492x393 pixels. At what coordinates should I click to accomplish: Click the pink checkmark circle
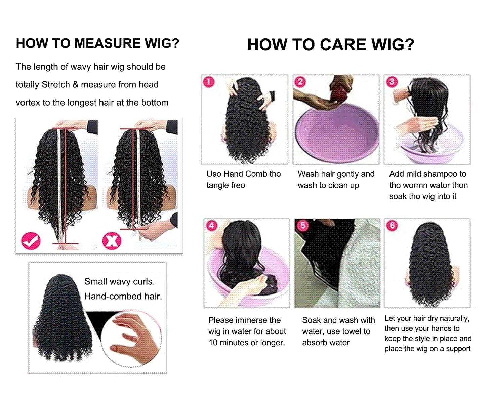[x=31, y=241]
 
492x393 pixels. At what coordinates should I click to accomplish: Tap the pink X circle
[x=112, y=241]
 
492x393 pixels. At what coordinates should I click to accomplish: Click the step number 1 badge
[x=209, y=82]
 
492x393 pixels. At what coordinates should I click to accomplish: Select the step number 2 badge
[x=300, y=82]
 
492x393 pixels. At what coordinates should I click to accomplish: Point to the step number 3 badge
[x=392, y=82]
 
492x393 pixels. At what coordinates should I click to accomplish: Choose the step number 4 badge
[x=211, y=226]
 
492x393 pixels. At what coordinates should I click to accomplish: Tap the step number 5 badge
[x=303, y=225]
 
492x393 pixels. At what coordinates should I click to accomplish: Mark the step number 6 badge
[x=392, y=225]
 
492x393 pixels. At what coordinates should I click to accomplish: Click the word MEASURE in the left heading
[x=107, y=43]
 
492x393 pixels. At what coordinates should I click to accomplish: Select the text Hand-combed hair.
[x=123, y=296]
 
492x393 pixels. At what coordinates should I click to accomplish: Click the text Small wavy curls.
[x=119, y=281]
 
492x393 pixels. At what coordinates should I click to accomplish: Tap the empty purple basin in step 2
[x=336, y=132]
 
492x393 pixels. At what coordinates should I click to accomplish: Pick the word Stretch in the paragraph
[x=56, y=85]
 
